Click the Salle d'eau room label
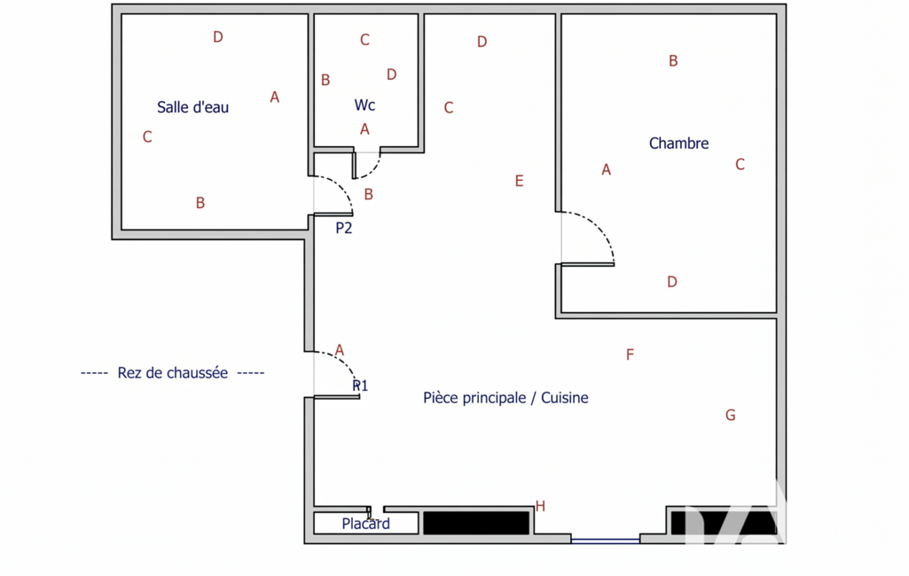[x=193, y=107]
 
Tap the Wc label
[x=364, y=105]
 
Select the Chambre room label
[x=678, y=144]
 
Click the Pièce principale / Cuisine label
[x=505, y=398]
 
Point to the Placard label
[x=365, y=524]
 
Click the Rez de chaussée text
[x=173, y=372]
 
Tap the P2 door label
[x=344, y=228]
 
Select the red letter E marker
[x=520, y=181]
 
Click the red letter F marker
[x=631, y=354]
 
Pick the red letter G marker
[x=731, y=415]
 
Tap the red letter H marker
[x=540, y=507]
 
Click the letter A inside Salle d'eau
[x=275, y=97]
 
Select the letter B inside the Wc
[x=325, y=80]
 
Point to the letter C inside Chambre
[x=740, y=165]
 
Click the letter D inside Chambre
[x=672, y=282]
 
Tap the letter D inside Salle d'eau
[x=218, y=37]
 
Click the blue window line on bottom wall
[x=605, y=541]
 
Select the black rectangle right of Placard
[x=476, y=523]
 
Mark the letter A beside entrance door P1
[x=340, y=350]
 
